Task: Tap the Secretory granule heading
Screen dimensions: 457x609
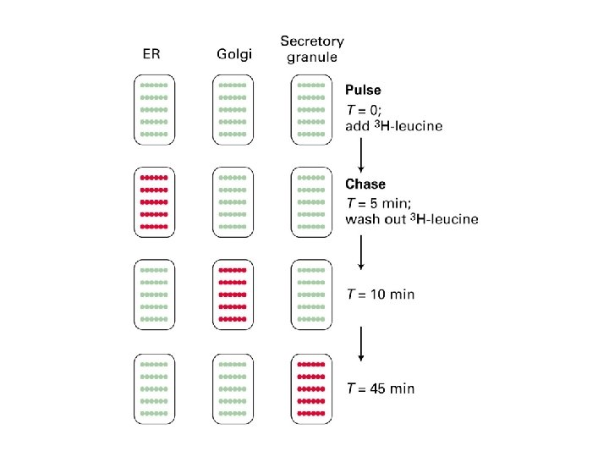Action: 312,48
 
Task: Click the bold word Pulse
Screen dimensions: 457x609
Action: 363,90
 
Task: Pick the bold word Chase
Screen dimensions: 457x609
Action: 365,184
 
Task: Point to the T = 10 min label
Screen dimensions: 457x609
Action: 381,295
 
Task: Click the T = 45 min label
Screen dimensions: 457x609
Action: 381,388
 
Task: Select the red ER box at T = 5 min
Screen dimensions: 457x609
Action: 154,202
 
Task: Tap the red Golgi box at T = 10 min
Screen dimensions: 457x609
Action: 233,295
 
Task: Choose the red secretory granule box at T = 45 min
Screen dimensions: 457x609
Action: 311,388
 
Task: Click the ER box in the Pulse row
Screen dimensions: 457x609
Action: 154,109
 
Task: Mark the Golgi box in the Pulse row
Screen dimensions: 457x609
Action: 233,109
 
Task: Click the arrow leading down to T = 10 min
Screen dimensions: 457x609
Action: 362,251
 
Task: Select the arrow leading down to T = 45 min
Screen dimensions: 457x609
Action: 362,342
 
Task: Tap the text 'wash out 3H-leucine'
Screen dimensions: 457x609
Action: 411,220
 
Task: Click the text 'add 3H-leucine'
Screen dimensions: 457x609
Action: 393,126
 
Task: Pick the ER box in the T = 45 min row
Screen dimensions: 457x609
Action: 154,388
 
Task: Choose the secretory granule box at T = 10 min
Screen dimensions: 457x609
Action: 311,295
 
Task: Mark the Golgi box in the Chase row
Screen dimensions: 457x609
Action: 233,202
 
